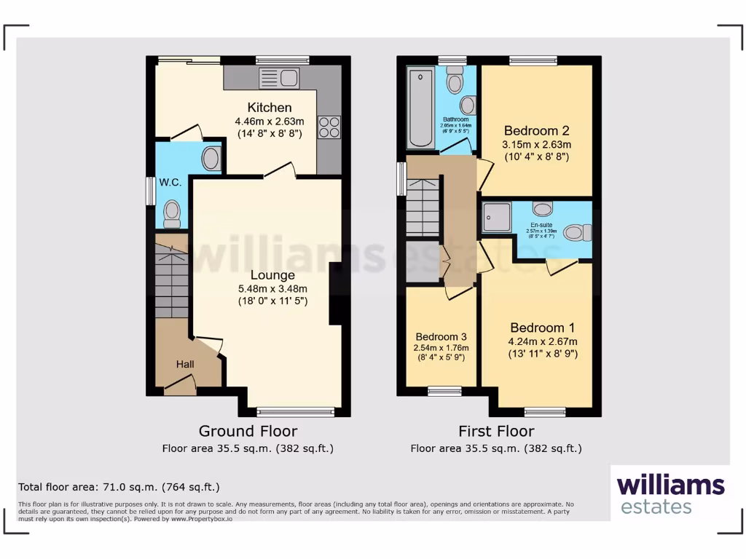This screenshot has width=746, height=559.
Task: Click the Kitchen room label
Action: point(269,108)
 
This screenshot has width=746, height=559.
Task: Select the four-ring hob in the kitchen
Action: point(329,127)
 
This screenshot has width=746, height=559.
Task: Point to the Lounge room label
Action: point(272,275)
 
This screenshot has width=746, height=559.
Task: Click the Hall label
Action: point(184,363)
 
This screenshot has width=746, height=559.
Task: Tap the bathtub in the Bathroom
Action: point(420,107)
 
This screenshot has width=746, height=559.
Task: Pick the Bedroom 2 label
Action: point(536,131)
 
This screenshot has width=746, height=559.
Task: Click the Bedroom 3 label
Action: point(440,337)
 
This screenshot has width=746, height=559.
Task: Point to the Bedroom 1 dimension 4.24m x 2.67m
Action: point(543,341)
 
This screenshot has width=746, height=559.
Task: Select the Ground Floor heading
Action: point(248,431)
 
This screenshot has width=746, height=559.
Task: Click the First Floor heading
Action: point(496,431)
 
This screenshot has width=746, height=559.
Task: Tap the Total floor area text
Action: point(119,487)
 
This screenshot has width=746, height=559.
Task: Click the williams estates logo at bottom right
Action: point(670,494)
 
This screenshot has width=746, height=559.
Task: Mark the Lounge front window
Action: point(291,411)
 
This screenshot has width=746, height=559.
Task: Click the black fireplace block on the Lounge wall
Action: point(335,293)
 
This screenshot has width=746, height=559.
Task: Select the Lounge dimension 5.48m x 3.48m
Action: point(272,288)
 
